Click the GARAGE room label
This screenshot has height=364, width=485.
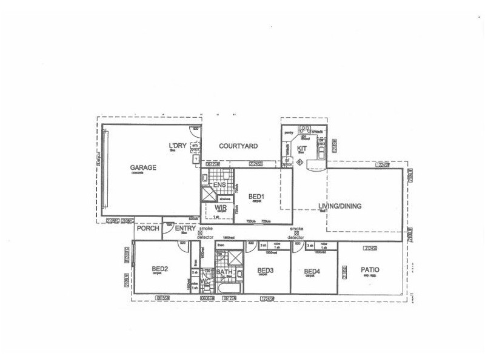point(143,167)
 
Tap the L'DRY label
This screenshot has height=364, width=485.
point(178,146)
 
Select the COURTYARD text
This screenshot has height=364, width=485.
point(238,146)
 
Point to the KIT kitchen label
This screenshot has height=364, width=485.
point(301,148)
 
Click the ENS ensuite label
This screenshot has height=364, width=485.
point(219,184)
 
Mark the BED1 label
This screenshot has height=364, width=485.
point(256,197)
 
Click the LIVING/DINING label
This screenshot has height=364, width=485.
point(339,206)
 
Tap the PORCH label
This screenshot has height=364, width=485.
point(148,229)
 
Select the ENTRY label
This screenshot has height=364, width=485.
point(185,229)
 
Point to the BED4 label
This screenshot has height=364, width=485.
point(312,271)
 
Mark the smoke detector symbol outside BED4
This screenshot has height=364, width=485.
point(296,233)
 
